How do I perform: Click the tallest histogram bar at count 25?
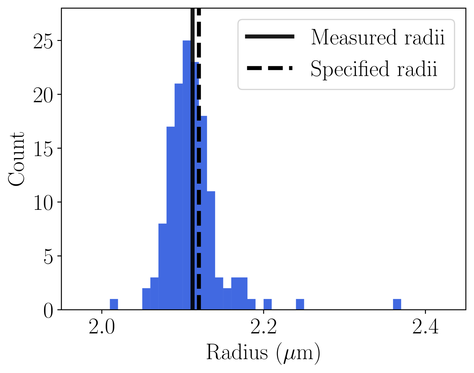click(186, 175)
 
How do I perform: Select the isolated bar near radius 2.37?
click(397, 304)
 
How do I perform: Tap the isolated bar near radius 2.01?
click(114, 304)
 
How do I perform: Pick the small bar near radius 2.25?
click(300, 304)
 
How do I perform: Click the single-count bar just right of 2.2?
click(267, 304)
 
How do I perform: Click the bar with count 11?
click(211, 250)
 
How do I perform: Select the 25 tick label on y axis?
click(43, 41)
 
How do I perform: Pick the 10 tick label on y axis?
click(43, 202)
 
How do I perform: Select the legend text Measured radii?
click(377, 37)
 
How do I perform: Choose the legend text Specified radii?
click(374, 69)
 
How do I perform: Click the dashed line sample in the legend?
click(269, 68)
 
